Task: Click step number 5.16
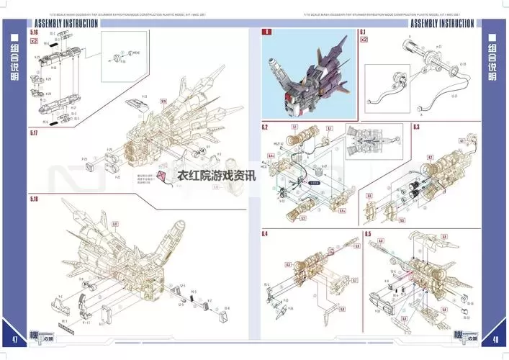[35, 32]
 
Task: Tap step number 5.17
[35, 134]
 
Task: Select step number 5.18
[35, 199]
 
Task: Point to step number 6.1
[363, 32]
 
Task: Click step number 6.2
[265, 127]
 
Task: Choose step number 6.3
[416, 127]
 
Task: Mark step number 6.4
[265, 234]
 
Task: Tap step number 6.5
[368, 234]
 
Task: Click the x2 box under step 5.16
[35, 41]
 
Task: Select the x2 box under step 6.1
[364, 40]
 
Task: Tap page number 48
[496, 340]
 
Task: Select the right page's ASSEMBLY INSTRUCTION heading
[441, 23]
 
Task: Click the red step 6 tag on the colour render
[267, 32]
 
